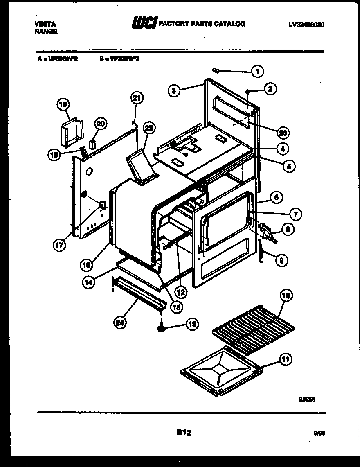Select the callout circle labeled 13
pos(192,325)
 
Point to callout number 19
pos(63,105)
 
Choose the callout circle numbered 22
pos(149,129)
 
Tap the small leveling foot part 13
pos(162,327)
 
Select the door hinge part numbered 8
pos(267,233)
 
